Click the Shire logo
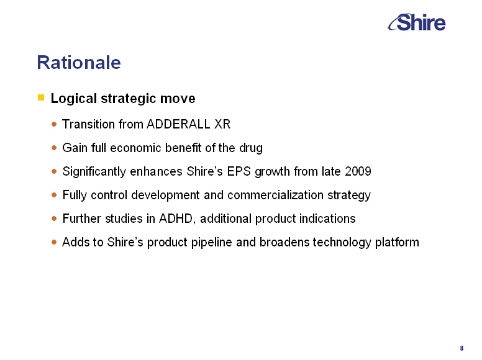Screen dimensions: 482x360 click(x=417, y=22)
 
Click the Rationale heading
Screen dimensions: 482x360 click(x=79, y=62)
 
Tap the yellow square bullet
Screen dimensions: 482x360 click(x=41, y=97)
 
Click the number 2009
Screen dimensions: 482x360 click(x=358, y=171)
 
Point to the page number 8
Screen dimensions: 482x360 click(x=462, y=348)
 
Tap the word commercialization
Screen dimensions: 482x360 click(x=275, y=195)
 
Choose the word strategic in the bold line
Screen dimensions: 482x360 click(x=129, y=98)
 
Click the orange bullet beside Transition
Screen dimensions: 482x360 click(x=55, y=124)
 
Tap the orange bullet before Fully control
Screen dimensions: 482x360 click(x=55, y=195)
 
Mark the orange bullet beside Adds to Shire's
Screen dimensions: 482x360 click(x=55, y=242)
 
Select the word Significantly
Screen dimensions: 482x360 click(x=94, y=171)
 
